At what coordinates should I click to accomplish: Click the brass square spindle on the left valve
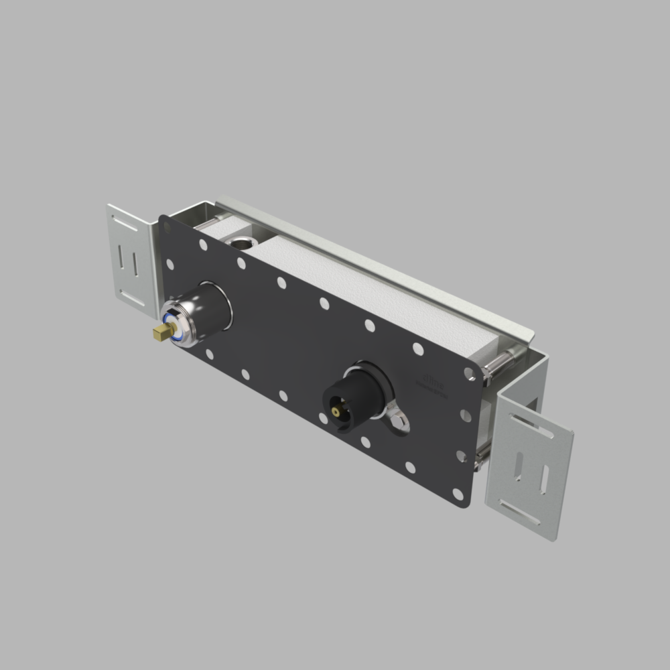[x=161, y=332]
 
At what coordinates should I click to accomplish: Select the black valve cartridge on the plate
[x=355, y=395]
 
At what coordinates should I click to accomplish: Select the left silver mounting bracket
[x=131, y=258]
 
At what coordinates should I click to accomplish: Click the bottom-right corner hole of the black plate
[x=458, y=494]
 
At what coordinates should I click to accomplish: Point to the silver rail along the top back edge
[x=375, y=261]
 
